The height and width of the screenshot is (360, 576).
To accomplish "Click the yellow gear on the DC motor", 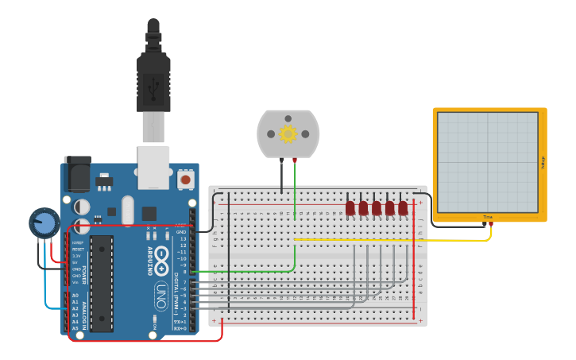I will (288, 134).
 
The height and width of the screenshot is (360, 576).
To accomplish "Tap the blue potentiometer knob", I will (44, 223).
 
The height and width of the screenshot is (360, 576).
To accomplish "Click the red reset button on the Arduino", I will (185, 179).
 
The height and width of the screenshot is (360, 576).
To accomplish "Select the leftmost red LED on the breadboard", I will (350, 208).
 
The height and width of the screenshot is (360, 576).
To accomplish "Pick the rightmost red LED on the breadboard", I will (403, 208).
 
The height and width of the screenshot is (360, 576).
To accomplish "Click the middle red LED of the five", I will (377, 208).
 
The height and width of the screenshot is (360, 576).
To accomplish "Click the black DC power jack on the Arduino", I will (76, 175).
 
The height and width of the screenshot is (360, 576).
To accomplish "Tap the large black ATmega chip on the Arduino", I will (102, 282).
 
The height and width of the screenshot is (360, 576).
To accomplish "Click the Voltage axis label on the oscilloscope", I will (543, 163).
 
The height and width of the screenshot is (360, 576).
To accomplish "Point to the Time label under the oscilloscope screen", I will (487, 217).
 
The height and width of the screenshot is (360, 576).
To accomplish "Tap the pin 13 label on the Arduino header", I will (183, 238).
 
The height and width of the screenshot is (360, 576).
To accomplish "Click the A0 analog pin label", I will (75, 295).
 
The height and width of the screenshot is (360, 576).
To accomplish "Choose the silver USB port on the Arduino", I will (153, 167).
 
